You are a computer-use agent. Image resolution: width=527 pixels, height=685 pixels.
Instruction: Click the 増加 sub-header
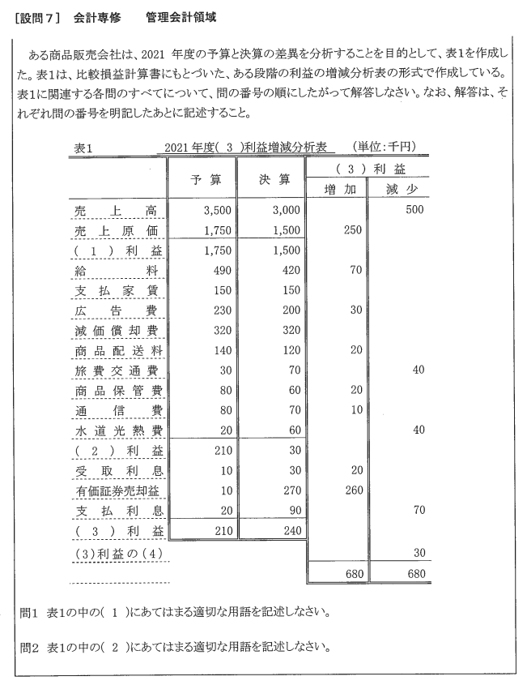pyautogui.click(x=335, y=189)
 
